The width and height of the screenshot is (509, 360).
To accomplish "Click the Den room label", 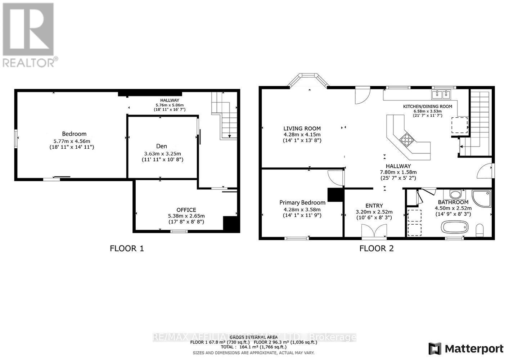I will click(162, 146).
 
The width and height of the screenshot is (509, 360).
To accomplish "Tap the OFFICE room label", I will click(186, 210).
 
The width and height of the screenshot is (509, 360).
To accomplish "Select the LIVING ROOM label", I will click(302, 129).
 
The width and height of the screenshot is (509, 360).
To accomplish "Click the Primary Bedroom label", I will click(302, 203).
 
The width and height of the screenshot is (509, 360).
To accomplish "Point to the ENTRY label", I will click(374, 206).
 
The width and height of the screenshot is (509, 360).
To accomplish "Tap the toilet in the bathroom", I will click(480, 230).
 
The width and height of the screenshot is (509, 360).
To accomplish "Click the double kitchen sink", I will click(441, 95).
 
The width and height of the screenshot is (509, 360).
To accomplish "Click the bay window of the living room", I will click(308, 79).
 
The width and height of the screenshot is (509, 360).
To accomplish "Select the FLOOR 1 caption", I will click(127, 248).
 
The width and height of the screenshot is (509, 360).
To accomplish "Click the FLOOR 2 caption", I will click(377, 248).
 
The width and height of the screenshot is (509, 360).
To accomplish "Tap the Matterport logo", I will click(466, 348).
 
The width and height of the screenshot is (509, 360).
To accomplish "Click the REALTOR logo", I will click(29, 35).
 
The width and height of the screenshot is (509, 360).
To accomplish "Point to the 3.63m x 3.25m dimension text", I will click(162, 153).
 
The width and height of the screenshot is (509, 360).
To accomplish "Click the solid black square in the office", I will click(230, 224).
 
